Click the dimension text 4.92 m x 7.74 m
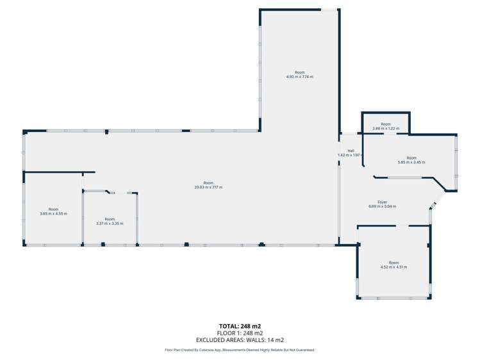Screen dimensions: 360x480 (x=299, y=77)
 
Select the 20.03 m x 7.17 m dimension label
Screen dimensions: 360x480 (x=208, y=187)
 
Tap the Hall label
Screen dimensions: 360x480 (x=351, y=151)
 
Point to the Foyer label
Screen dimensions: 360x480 (x=382, y=202)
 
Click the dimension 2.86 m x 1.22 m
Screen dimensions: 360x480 (x=385, y=129)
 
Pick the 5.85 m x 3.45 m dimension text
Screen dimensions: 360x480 (x=411, y=162)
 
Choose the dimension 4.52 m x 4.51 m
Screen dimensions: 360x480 (x=393, y=267)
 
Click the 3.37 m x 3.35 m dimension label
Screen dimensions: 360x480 (x=110, y=224)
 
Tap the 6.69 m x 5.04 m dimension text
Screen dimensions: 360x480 (x=382, y=206)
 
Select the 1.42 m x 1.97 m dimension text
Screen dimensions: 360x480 (x=350, y=155)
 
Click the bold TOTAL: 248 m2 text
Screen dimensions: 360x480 (x=240, y=326)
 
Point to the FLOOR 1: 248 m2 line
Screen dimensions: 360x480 (x=240, y=333)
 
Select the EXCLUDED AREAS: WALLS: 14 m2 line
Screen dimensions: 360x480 (x=240, y=340)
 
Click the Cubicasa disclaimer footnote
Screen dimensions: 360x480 (x=240, y=350)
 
